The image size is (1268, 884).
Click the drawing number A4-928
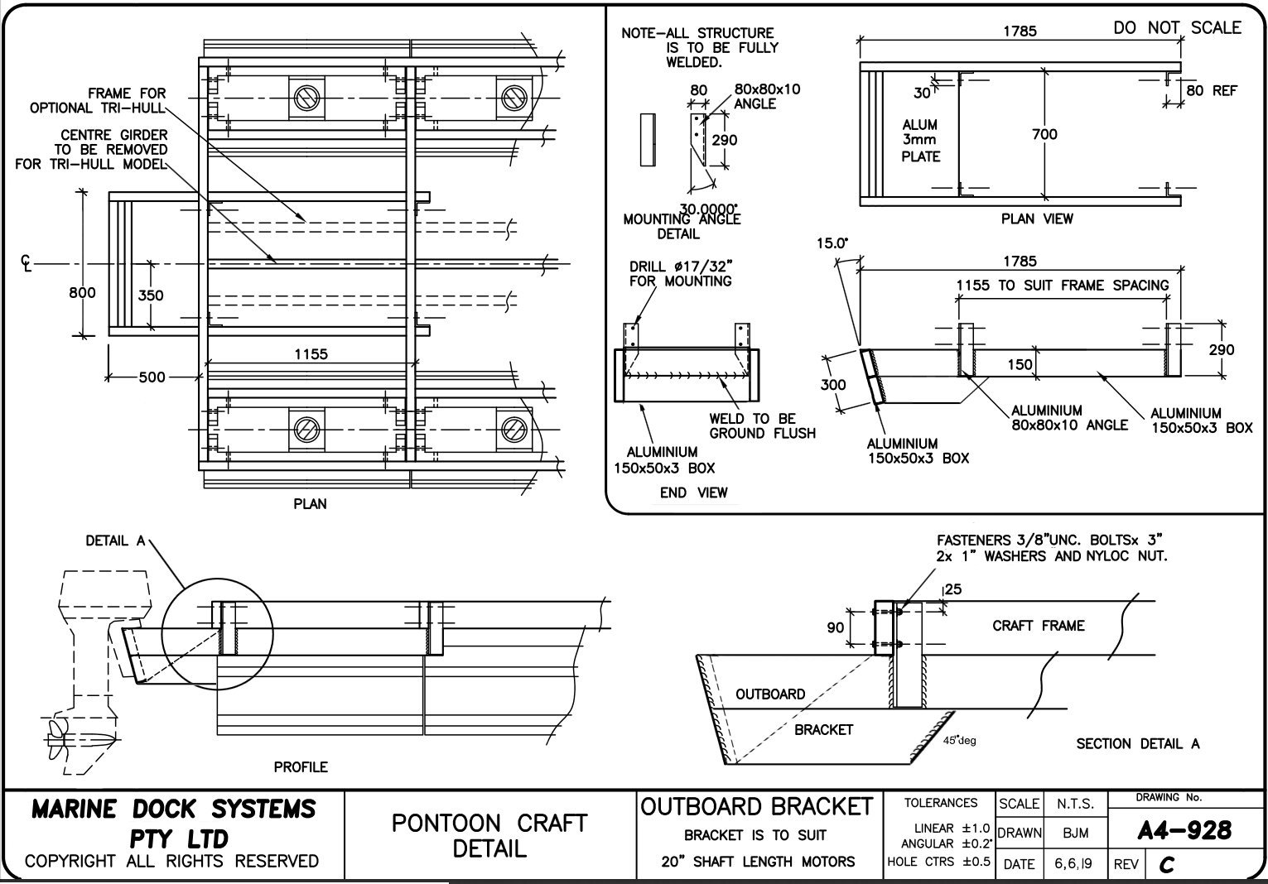(1184, 830)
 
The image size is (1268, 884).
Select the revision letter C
(1167, 865)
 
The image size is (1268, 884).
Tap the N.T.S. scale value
(1075, 804)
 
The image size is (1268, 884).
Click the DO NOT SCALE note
(1177, 27)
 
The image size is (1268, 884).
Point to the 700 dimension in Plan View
(1045, 134)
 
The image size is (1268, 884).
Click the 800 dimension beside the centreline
(82, 292)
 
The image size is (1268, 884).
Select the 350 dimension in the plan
(150, 295)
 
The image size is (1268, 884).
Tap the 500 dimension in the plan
(152, 377)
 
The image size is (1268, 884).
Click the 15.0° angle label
(833, 244)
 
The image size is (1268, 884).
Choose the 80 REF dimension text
(1211, 90)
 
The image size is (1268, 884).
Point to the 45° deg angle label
(959, 740)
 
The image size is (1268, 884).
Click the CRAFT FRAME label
(1038, 626)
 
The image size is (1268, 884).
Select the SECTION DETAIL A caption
(1137, 743)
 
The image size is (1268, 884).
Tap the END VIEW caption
(693, 492)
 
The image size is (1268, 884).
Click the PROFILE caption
(301, 767)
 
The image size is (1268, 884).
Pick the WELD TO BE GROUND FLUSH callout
(762, 425)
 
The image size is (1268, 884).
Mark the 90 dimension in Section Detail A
(835, 628)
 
